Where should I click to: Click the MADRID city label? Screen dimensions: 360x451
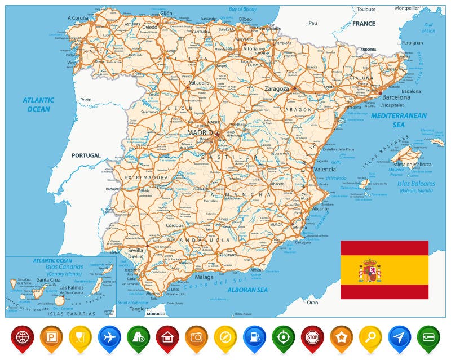199,132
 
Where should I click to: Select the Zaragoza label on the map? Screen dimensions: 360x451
277,88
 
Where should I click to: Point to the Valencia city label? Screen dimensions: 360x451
325,169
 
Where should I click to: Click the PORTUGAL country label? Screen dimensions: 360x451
86,155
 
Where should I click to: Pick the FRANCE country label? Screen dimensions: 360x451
364,24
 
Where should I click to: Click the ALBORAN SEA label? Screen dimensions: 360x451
247,290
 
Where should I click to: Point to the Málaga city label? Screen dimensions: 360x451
204,277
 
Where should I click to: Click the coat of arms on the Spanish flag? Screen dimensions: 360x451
370,270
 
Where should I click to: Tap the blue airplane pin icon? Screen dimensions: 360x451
109,337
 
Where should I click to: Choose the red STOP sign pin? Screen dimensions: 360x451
312,337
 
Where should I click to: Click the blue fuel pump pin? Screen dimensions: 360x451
254,337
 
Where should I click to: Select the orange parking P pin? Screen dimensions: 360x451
51,337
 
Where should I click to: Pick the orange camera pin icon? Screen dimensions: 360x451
196,337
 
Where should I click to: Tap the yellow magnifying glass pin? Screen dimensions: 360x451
370,337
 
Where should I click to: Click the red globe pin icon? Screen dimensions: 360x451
23,337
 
